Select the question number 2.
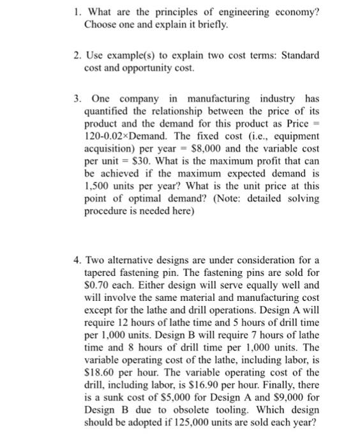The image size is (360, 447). tap(76, 56)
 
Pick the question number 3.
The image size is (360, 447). tap(76, 99)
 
